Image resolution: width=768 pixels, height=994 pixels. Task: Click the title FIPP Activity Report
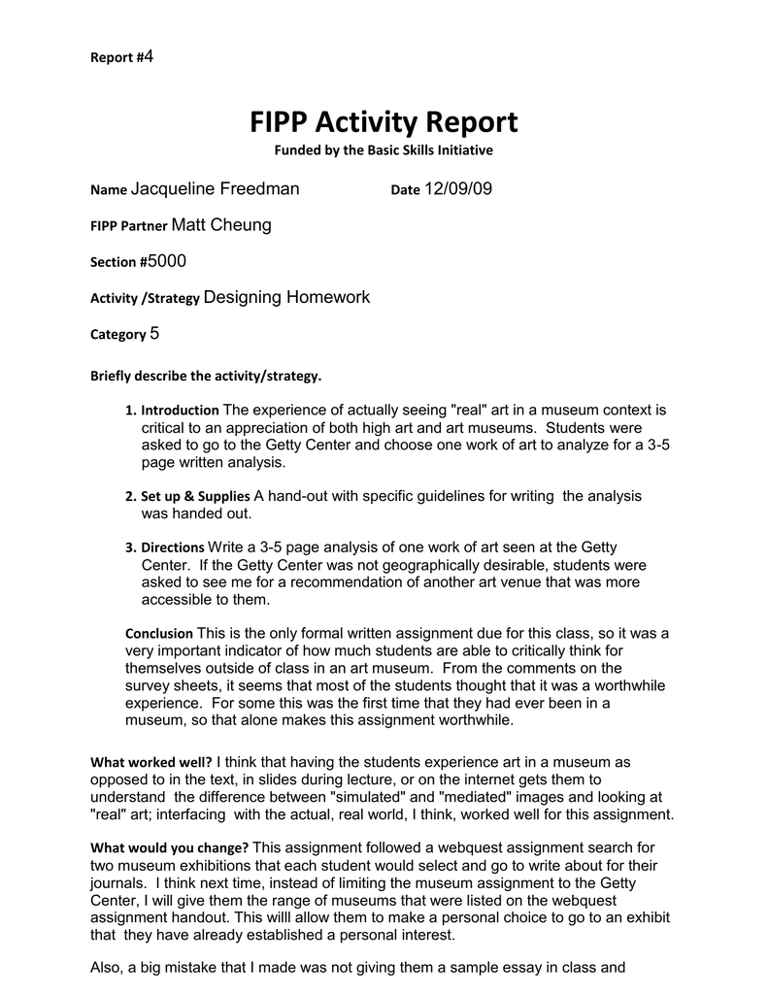(x=384, y=122)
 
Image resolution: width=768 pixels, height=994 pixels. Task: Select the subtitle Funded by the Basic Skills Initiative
(x=384, y=150)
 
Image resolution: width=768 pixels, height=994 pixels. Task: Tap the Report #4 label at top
(x=122, y=57)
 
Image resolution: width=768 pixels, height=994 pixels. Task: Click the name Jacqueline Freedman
(x=215, y=188)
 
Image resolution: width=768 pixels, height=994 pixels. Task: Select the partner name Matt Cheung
(x=221, y=225)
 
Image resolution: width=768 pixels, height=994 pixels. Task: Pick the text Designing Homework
(x=287, y=297)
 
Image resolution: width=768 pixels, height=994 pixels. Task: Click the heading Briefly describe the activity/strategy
(x=205, y=375)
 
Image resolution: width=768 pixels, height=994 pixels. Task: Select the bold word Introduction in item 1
(x=180, y=412)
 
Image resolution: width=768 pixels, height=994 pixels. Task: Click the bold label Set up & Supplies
(x=195, y=496)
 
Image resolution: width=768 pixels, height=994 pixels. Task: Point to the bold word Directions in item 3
(x=172, y=547)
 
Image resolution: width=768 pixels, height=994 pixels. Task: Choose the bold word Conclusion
(x=160, y=633)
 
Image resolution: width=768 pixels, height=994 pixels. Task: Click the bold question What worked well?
(x=150, y=762)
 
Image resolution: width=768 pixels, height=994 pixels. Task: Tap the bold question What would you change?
(x=169, y=847)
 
